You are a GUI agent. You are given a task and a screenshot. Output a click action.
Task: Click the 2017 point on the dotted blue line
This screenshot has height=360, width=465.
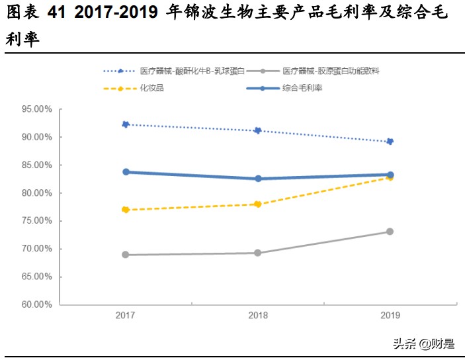[x=126, y=124]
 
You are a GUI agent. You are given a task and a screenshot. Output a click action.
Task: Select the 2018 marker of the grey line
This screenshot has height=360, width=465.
[x=258, y=253]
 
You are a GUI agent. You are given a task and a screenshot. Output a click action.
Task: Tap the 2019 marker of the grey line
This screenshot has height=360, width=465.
[x=390, y=232]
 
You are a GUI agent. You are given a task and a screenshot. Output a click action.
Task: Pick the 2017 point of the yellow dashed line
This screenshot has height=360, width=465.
[x=126, y=210]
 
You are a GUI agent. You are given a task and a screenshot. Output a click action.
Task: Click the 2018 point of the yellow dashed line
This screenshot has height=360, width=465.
[x=258, y=204]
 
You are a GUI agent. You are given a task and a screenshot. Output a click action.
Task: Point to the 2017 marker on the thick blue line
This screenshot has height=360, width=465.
[x=126, y=172]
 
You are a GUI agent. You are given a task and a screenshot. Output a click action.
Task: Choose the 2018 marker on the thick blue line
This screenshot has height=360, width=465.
[x=258, y=179]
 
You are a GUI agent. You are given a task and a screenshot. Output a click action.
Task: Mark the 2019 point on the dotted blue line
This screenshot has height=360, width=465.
[x=390, y=142]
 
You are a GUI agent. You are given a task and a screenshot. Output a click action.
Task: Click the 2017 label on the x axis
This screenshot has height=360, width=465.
[x=126, y=316]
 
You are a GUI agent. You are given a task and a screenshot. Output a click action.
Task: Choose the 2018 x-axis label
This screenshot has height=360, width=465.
[x=258, y=316]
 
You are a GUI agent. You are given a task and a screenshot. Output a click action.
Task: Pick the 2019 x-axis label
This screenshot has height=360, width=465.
[x=390, y=316]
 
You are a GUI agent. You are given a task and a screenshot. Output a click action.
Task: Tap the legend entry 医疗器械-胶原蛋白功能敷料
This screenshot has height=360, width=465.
[x=330, y=70]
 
